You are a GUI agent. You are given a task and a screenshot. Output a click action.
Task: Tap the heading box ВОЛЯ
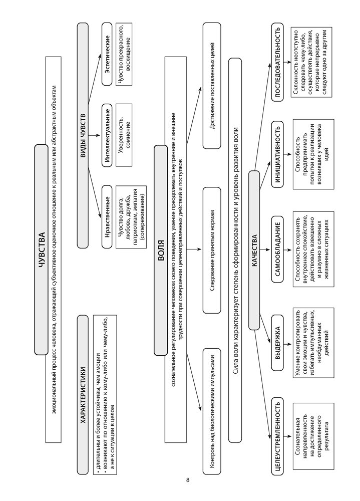point(160,250)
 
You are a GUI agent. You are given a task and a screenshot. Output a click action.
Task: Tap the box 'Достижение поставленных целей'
point(211,85)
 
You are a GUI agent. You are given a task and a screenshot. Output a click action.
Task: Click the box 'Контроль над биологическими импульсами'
point(211,409)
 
